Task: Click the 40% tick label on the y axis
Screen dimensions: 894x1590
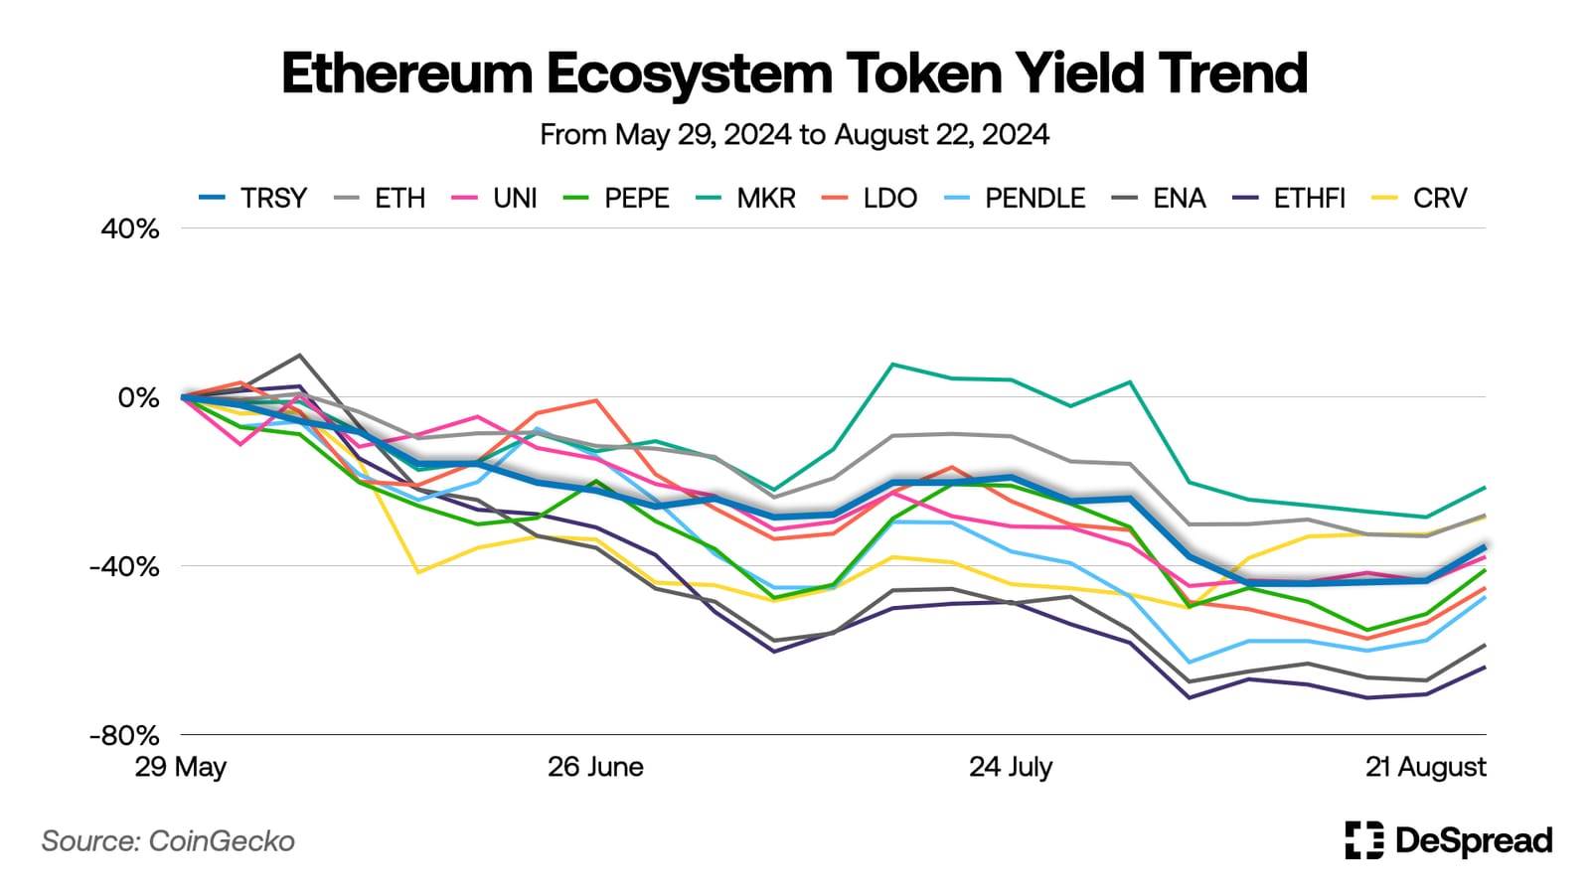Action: coord(130,229)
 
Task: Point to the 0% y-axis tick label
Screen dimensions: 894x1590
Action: coord(138,398)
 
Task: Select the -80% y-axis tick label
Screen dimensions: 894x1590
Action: coord(124,736)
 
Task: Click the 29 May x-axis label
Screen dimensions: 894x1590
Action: coord(181,768)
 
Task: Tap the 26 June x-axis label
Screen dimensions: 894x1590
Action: coord(595,768)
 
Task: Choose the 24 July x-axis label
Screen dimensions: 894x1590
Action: coord(1011,768)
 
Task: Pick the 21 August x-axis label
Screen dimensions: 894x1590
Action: coord(1426,768)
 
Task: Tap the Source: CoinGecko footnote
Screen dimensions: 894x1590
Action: coord(168,841)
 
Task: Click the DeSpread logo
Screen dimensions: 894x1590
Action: coord(1448,840)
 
